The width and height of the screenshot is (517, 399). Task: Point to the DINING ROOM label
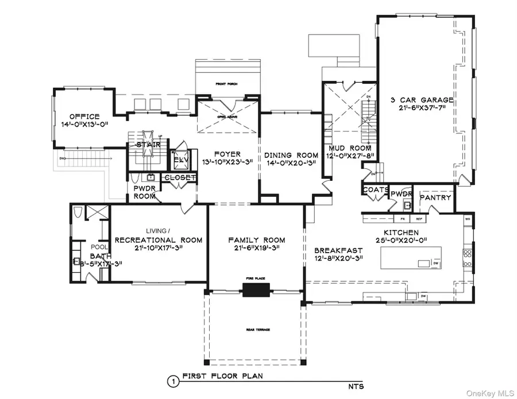291,155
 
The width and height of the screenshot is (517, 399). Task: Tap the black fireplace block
252,290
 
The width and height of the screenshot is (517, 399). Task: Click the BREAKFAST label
338,250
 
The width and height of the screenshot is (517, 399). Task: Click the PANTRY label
435,197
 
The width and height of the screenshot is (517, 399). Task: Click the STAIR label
148,145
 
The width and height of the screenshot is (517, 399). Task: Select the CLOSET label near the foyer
180,178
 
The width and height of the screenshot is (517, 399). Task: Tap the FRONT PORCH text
227,84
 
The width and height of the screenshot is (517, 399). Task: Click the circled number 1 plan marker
171,381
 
